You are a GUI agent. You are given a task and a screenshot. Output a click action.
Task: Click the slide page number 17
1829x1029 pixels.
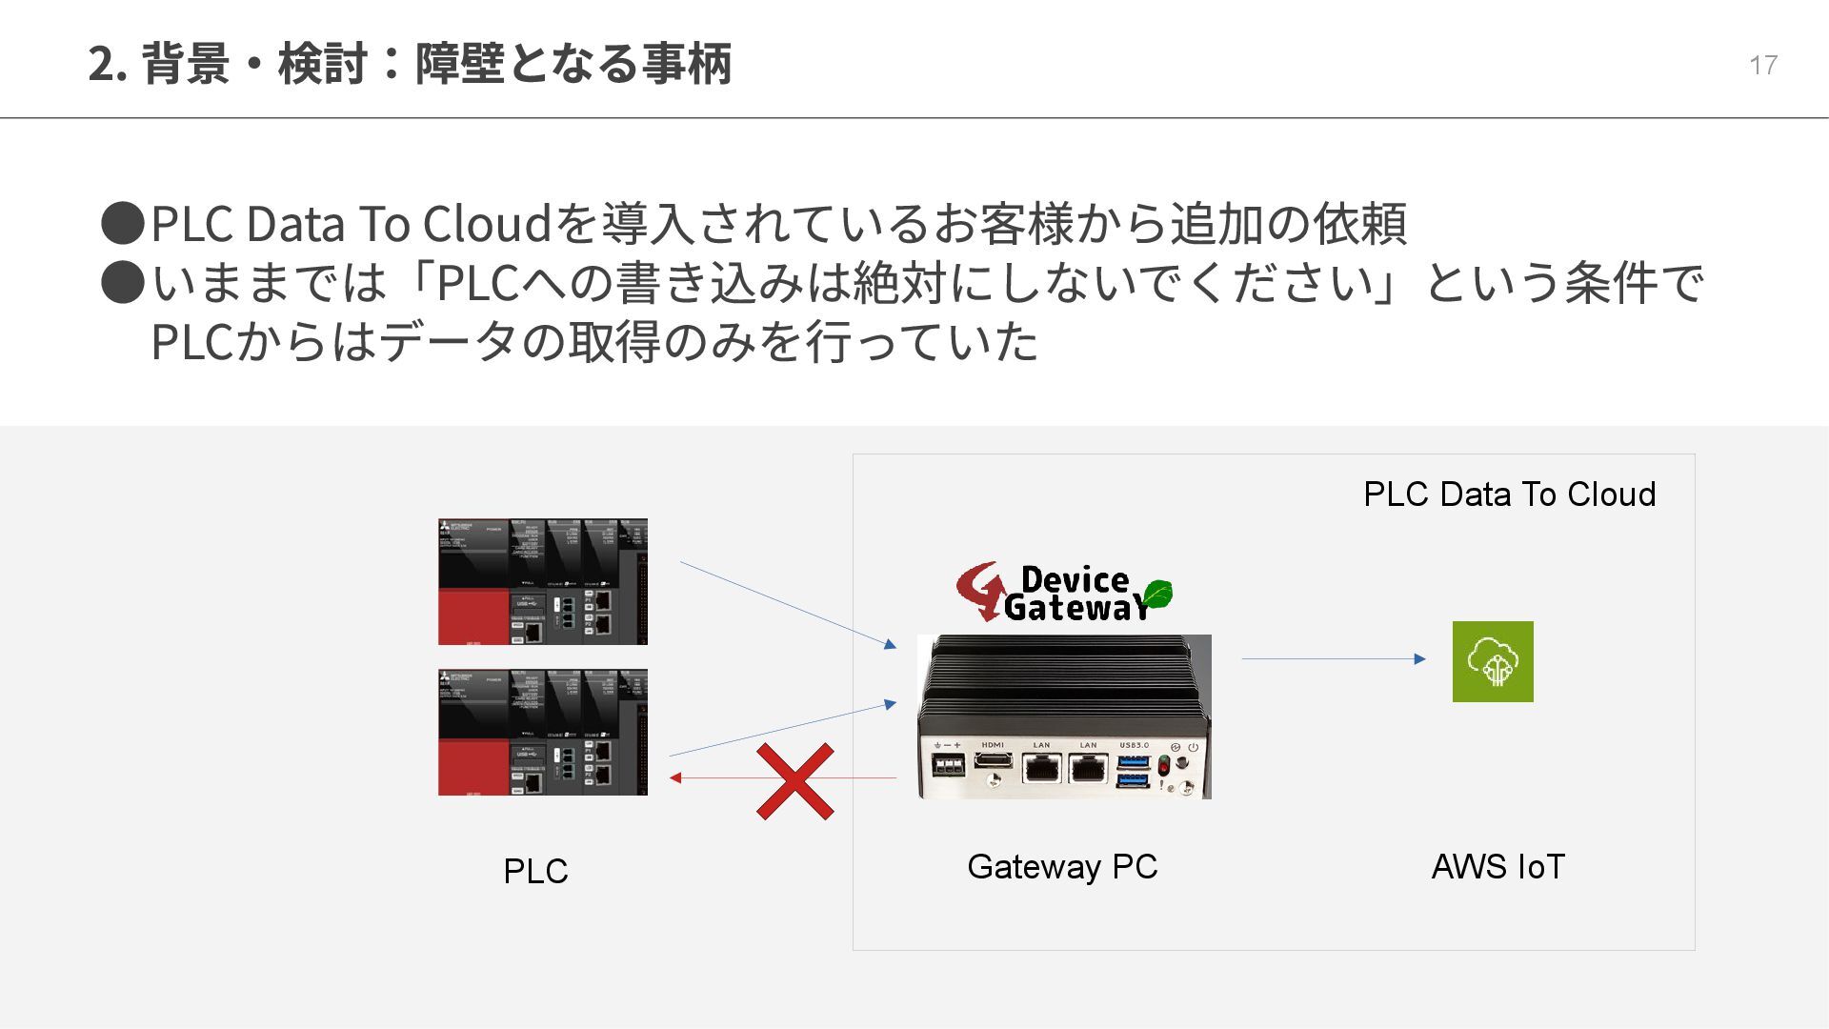point(1762,65)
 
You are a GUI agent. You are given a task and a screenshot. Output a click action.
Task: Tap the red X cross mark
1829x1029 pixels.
point(795,781)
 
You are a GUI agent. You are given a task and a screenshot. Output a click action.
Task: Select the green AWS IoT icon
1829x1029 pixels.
point(1493,661)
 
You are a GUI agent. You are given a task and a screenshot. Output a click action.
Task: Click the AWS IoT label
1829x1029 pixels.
point(1497,866)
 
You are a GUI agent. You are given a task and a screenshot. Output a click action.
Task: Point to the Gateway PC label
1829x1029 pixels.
point(1062,866)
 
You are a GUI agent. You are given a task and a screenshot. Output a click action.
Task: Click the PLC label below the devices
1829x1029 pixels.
point(535,871)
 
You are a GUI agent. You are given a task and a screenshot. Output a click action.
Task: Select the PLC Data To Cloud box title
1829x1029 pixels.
point(1509,494)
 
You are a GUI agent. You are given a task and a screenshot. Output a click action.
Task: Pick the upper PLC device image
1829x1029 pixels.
point(542,581)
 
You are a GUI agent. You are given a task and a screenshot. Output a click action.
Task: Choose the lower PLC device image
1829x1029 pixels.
point(542,732)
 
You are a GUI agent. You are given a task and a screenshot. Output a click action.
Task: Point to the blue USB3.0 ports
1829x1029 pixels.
point(1133,771)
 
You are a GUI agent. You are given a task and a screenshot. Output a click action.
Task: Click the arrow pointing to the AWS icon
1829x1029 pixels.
point(1334,658)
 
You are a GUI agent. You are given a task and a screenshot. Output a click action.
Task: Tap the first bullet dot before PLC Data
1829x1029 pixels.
point(123,223)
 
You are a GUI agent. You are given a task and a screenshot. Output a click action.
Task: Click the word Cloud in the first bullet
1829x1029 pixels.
point(487,223)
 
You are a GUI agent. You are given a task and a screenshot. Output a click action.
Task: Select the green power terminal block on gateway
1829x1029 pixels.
point(948,765)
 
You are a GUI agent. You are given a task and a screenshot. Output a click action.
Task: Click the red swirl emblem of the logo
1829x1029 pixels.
point(979,591)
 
